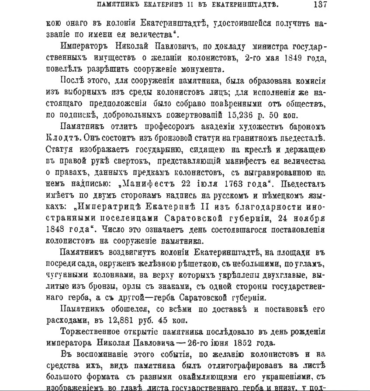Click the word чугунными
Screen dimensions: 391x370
[66, 274]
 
